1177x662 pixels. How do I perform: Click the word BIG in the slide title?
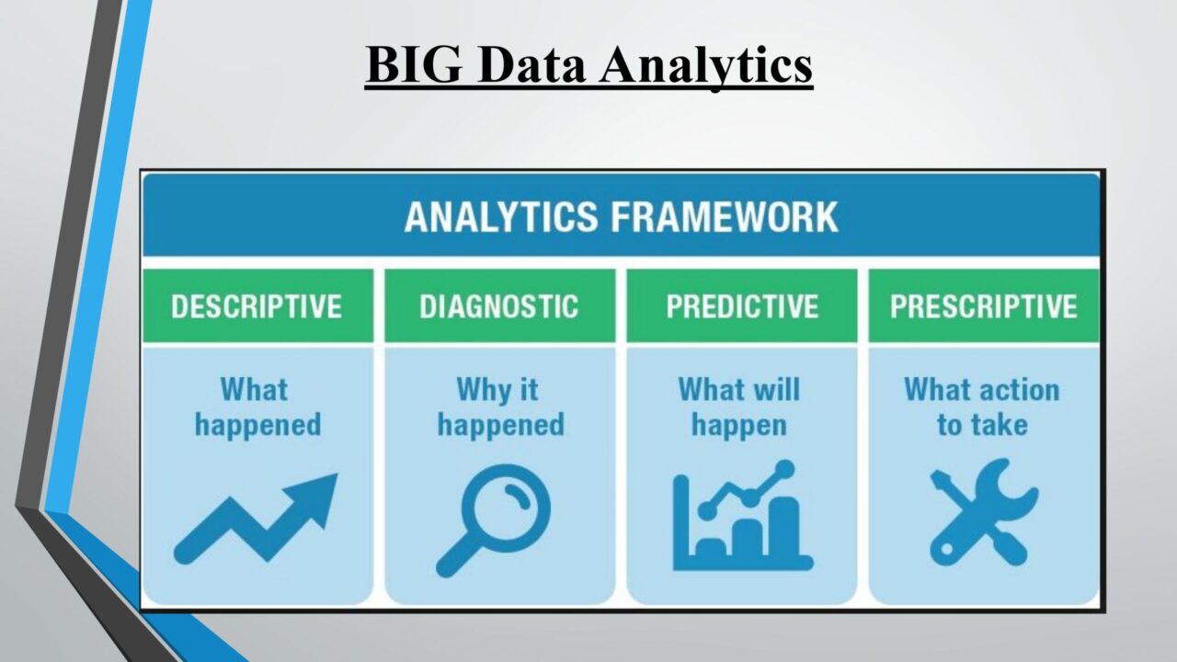[x=414, y=64]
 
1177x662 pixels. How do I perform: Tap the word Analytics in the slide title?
[x=707, y=66]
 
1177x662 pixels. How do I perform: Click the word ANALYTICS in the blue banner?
[x=501, y=216]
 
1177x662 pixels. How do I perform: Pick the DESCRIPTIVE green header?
[x=257, y=306]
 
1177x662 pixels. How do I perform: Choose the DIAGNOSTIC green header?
[x=499, y=306]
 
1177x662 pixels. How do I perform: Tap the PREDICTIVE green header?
[x=742, y=306]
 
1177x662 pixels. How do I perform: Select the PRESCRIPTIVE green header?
[x=984, y=306]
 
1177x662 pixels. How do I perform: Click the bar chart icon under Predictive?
[x=742, y=516]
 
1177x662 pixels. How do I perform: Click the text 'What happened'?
[x=257, y=407]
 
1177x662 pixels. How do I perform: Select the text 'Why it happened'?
[x=500, y=407]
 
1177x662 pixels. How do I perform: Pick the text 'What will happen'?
[x=739, y=407]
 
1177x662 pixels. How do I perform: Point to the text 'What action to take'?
[x=981, y=407]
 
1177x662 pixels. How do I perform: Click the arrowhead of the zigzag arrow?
[x=314, y=495]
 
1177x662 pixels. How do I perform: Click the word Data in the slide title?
[x=531, y=65]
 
